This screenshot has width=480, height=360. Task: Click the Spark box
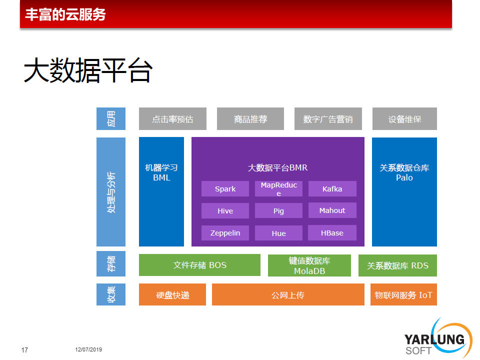point(225,189)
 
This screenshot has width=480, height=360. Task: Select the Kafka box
point(332,189)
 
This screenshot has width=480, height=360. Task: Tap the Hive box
point(225,210)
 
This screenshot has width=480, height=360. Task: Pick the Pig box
point(278,210)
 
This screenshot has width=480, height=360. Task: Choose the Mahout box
point(332,210)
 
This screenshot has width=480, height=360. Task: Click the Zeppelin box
point(225,233)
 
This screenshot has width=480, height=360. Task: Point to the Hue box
point(278,233)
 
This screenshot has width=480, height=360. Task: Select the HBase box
point(332,232)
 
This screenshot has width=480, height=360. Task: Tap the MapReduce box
point(278,189)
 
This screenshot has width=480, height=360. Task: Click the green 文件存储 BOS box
point(199,265)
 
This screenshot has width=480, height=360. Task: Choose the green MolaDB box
point(309,265)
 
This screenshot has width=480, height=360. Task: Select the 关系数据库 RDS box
point(397,265)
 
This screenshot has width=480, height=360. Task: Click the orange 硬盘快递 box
point(172,294)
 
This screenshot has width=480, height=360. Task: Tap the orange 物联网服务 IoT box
point(403,294)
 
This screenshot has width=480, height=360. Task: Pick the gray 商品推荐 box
point(250,119)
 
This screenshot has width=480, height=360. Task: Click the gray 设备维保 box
point(404,119)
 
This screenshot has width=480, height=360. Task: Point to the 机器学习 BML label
point(161,172)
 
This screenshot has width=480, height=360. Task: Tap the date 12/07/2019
point(88,349)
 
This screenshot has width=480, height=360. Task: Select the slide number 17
point(24,350)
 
